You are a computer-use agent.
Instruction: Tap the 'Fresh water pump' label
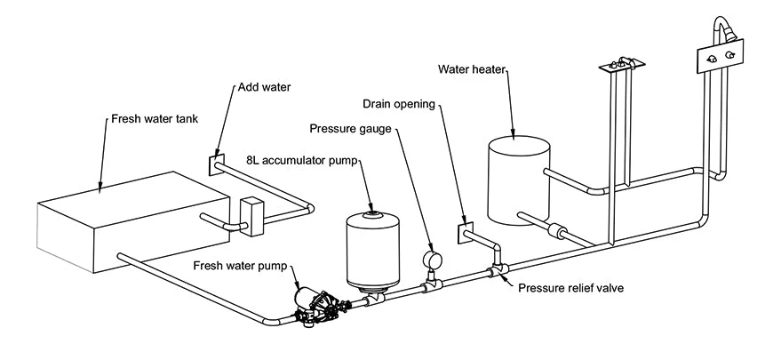pos(233,265)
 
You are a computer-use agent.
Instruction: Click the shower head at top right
pos(730,34)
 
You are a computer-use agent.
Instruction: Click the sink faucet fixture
pos(619,63)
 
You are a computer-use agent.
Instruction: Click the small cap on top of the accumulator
pos(373,212)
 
